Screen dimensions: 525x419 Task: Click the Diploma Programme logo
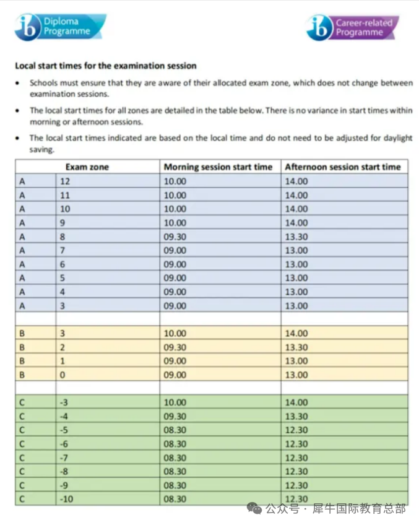59,27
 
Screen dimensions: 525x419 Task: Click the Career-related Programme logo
352,27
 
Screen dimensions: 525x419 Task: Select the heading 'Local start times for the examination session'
105,66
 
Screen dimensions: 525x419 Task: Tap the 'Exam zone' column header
87,167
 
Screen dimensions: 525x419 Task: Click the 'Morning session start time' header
217,167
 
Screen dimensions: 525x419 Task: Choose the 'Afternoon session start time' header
342,167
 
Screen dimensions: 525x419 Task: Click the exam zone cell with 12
65,181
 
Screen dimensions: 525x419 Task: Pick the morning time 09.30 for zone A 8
175,236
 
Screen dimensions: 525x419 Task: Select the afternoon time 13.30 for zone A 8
296,236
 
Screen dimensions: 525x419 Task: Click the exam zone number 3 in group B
63,333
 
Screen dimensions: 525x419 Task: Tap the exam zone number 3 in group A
63,306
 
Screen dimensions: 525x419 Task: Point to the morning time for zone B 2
175,347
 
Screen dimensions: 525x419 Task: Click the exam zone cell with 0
63,375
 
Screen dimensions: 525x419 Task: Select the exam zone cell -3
64,402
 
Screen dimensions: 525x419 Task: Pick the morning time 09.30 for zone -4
175,416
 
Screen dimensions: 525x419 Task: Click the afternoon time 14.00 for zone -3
296,402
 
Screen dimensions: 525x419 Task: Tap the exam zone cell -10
66,499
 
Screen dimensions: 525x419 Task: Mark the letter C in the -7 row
22,458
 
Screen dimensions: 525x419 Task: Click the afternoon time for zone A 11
296,195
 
